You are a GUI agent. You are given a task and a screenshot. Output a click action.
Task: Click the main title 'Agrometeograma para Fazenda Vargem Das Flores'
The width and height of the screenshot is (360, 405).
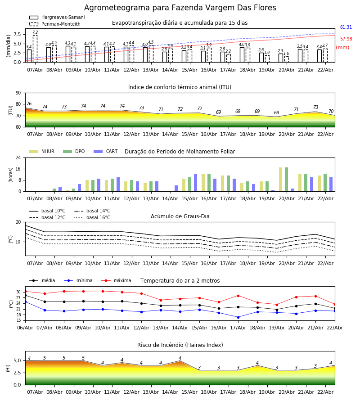(180, 8)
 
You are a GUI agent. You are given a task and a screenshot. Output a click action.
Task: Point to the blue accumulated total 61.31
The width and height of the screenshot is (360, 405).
(346, 27)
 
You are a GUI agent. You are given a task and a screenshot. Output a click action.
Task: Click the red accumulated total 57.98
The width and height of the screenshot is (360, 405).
(346, 39)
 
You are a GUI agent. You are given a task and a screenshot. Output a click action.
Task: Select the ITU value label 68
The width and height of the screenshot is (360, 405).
(276, 113)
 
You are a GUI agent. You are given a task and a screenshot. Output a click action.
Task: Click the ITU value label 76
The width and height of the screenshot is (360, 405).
(29, 104)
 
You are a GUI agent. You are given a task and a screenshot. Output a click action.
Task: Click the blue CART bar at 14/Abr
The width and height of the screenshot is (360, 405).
(176, 189)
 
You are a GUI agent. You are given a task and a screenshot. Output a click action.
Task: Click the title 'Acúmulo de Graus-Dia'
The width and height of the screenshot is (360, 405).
(180, 216)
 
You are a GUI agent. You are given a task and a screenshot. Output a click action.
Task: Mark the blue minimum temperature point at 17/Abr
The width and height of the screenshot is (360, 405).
(238, 317)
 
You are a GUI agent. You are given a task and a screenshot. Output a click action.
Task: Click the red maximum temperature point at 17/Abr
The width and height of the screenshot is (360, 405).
(238, 296)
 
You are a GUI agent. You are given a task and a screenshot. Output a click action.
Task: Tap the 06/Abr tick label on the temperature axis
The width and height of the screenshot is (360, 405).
(25, 327)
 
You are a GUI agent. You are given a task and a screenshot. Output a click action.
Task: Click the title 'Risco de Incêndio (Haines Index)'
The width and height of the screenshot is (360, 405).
(180, 345)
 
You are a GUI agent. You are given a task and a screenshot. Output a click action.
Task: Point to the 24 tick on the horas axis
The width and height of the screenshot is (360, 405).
(20, 158)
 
